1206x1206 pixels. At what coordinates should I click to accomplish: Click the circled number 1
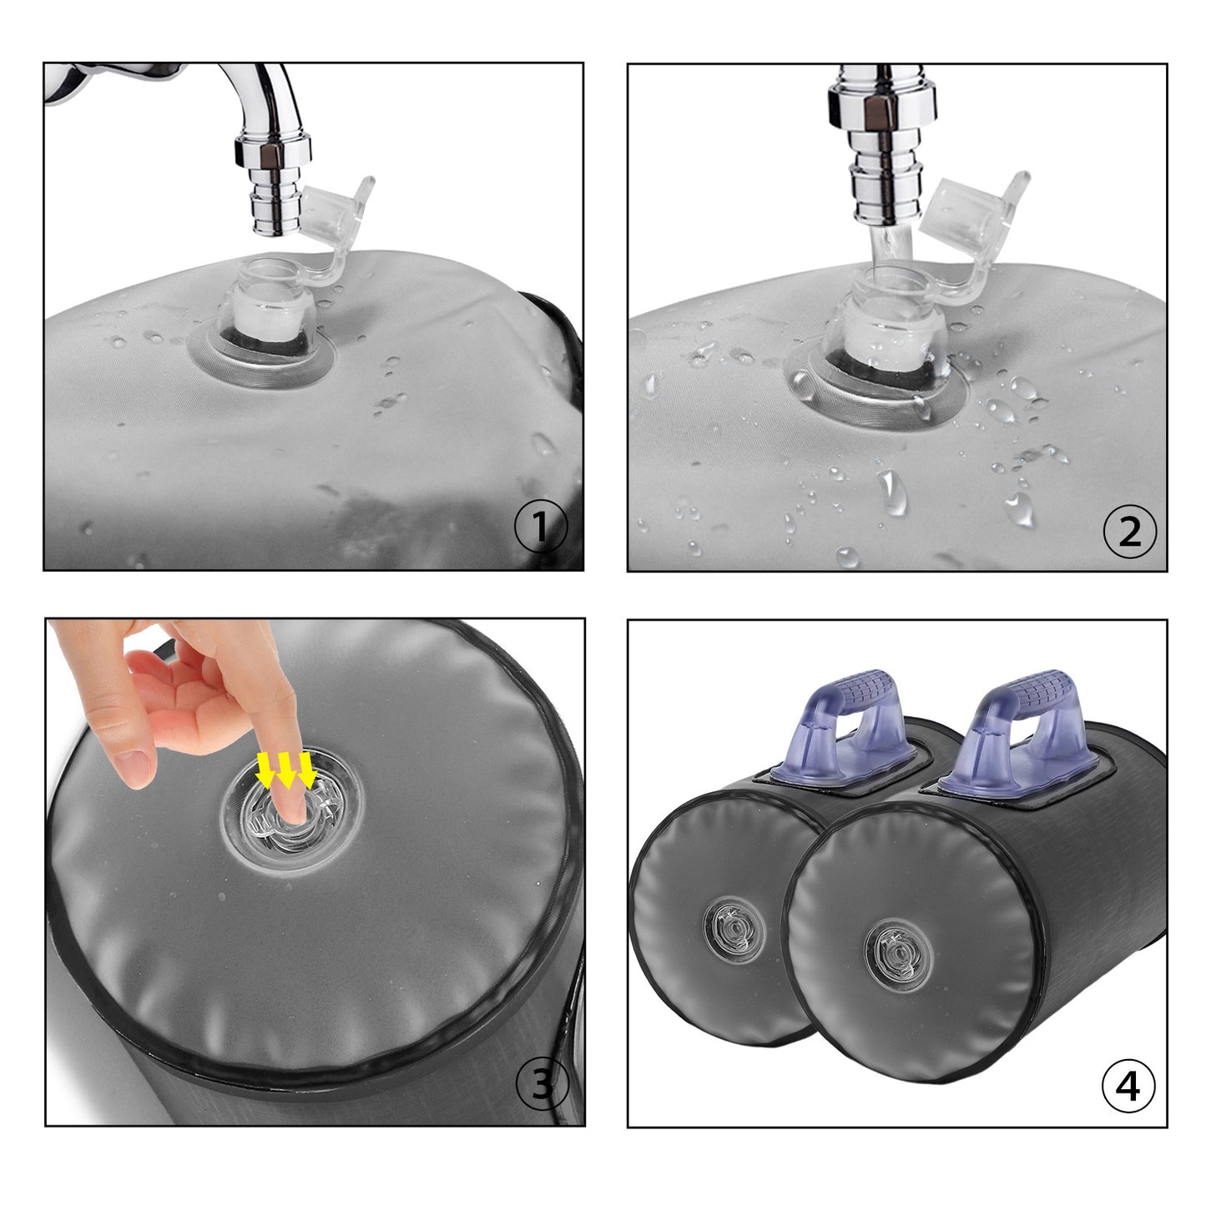click(541, 527)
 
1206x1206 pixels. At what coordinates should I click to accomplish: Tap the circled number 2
click(1129, 531)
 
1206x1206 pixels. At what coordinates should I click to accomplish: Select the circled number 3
click(542, 1084)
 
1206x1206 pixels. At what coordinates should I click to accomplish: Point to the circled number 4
click(1128, 1086)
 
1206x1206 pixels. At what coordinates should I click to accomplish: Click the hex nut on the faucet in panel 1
click(273, 152)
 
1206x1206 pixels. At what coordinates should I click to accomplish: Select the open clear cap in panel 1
click(334, 209)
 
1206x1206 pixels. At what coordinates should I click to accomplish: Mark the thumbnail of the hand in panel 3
click(134, 767)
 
